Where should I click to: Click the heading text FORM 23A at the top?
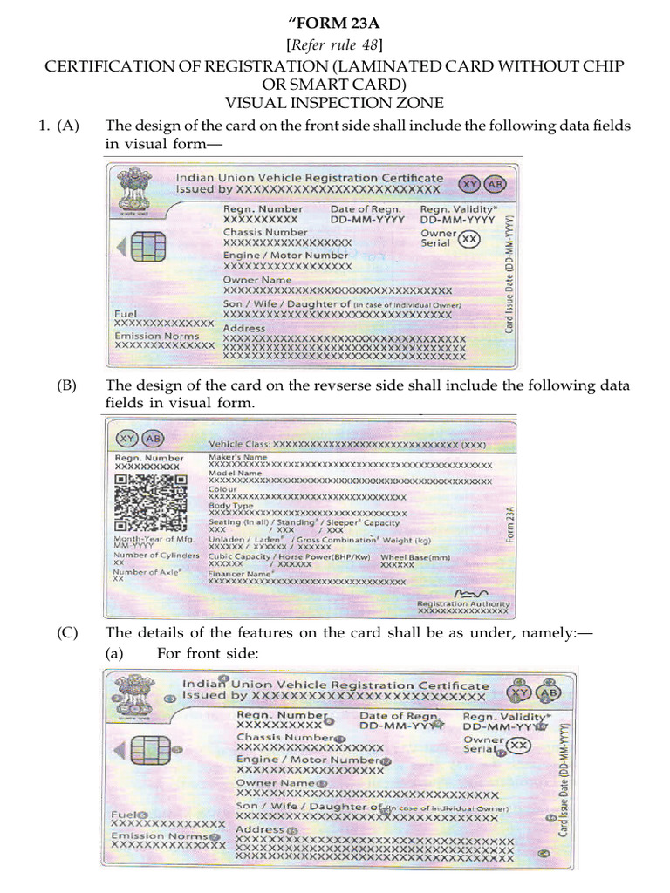click(335, 24)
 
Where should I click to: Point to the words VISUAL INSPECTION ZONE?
click(335, 103)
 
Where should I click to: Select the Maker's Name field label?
click(238, 457)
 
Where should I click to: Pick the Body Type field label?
click(231, 505)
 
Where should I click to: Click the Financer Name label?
click(241, 575)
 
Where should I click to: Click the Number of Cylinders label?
click(149, 556)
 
